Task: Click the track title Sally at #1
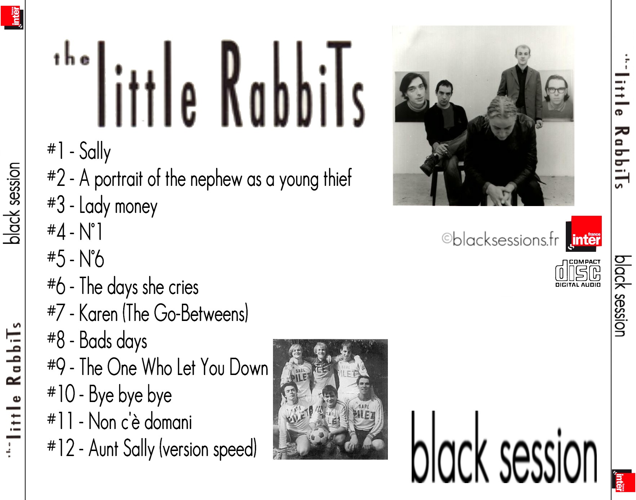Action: pyautogui.click(x=95, y=151)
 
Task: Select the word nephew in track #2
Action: pyautogui.click(x=216, y=179)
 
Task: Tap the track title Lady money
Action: pyautogui.click(x=118, y=206)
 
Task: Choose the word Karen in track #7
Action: pyautogui.click(x=98, y=313)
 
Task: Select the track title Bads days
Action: pyautogui.click(x=113, y=340)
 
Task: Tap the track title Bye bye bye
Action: pyautogui.click(x=130, y=394)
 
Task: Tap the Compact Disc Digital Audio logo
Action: pyautogui.click(x=578, y=273)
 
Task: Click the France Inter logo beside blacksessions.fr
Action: pyautogui.click(x=584, y=233)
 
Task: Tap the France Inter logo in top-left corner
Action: pyautogui.click(x=12, y=17)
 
